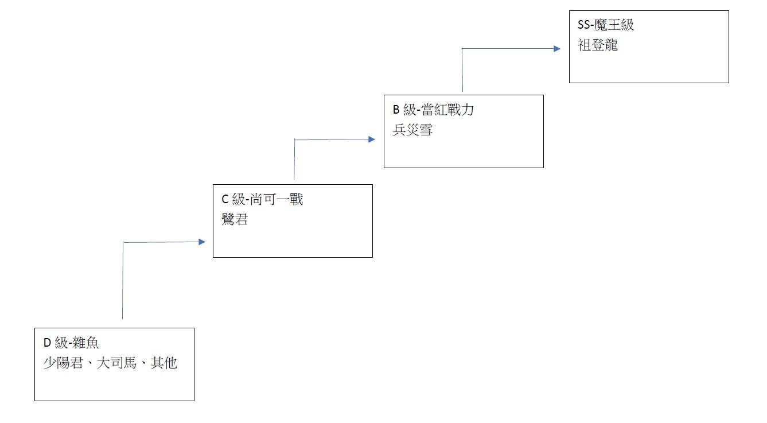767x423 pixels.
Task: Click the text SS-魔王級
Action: point(606,25)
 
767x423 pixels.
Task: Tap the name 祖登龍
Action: point(598,45)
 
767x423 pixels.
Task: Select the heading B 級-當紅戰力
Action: point(433,110)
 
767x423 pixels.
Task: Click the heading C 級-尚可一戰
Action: point(262,200)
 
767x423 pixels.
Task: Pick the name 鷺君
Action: point(235,220)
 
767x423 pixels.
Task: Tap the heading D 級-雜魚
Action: point(71,343)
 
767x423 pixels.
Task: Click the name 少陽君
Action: point(63,363)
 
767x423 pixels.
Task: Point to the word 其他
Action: point(163,363)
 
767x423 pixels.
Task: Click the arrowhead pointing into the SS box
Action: point(556,49)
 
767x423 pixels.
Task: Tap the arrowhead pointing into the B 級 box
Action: point(372,139)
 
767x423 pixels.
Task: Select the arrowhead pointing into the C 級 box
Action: point(201,242)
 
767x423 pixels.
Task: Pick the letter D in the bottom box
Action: point(47,343)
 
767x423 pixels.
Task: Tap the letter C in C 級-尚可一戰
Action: point(225,200)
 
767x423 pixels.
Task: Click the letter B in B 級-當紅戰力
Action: point(396,110)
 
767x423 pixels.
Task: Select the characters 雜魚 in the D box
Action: point(85,343)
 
